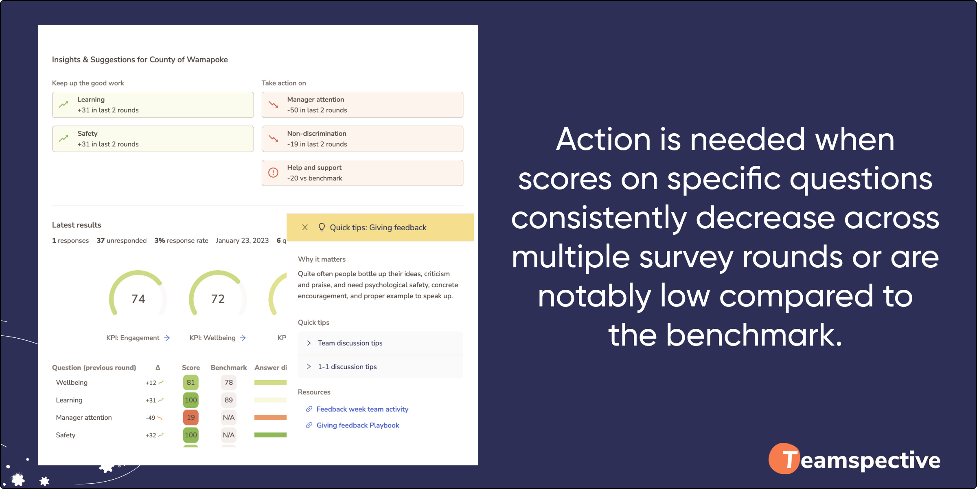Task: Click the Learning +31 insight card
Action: pos(153,105)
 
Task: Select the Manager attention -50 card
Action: pos(362,105)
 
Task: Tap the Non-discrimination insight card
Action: pos(362,139)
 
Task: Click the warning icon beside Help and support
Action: pos(274,173)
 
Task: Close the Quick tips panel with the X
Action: pos(305,227)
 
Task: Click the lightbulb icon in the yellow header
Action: pos(322,227)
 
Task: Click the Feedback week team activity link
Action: pos(362,409)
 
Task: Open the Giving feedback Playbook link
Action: pos(358,425)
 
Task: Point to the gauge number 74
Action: pos(138,299)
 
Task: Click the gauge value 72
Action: pos(218,299)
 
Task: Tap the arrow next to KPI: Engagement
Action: pos(167,338)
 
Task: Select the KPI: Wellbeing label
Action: pos(212,338)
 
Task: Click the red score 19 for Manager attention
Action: pos(191,417)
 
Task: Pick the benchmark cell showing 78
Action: pos(229,382)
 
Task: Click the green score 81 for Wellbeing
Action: pos(191,382)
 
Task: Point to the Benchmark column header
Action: pos(229,368)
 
